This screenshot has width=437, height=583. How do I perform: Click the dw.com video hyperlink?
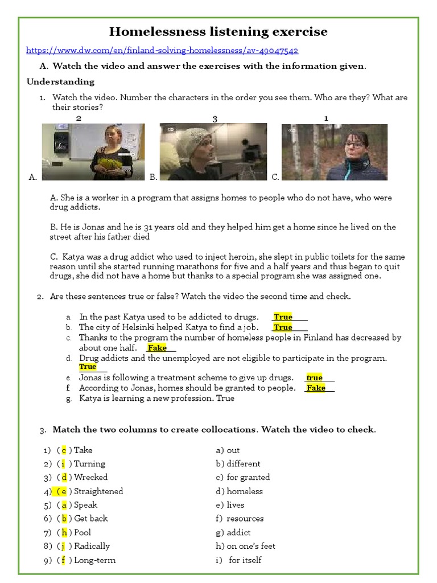point(163,51)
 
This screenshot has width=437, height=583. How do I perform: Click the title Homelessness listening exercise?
point(218,31)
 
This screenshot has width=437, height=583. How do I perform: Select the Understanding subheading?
point(60,81)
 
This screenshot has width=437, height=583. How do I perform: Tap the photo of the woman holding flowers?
point(93,151)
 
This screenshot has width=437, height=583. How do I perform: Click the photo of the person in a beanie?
point(213,151)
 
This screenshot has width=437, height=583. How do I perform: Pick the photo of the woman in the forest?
point(335,151)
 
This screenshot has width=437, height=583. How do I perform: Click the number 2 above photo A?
point(79,118)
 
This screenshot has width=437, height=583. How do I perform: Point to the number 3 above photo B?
point(215,119)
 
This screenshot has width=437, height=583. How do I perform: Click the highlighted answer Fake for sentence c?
point(157,348)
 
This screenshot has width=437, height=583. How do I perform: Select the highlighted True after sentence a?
point(283,317)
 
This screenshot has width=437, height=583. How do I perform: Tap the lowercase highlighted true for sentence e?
point(314,377)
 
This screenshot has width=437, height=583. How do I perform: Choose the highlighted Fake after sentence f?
point(316,388)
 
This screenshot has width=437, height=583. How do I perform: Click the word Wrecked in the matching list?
point(90,477)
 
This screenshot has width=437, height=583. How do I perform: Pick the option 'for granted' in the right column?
point(248,477)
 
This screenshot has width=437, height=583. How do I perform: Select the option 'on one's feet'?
point(251,546)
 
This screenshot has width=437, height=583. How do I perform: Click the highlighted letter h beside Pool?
point(64,532)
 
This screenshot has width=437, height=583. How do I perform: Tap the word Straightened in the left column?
point(98,491)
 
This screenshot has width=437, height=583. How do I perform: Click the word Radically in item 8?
point(92,546)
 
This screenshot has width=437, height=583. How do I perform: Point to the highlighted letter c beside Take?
point(64,450)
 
